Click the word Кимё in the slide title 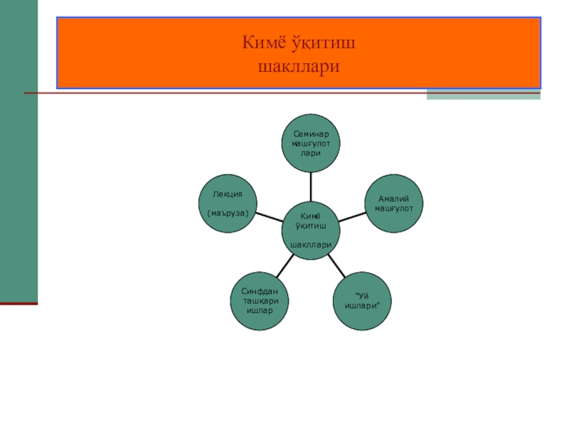pos(262,45)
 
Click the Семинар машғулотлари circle pos(311,142)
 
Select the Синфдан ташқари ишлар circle pos(259,302)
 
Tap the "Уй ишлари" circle pos(363,302)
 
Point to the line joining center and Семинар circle pos(311,186)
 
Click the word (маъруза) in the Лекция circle pos(228,213)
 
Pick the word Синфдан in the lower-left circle pos(259,292)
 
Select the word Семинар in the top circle pos(311,134)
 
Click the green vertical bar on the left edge pos(18,149)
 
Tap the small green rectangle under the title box pos(483,95)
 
